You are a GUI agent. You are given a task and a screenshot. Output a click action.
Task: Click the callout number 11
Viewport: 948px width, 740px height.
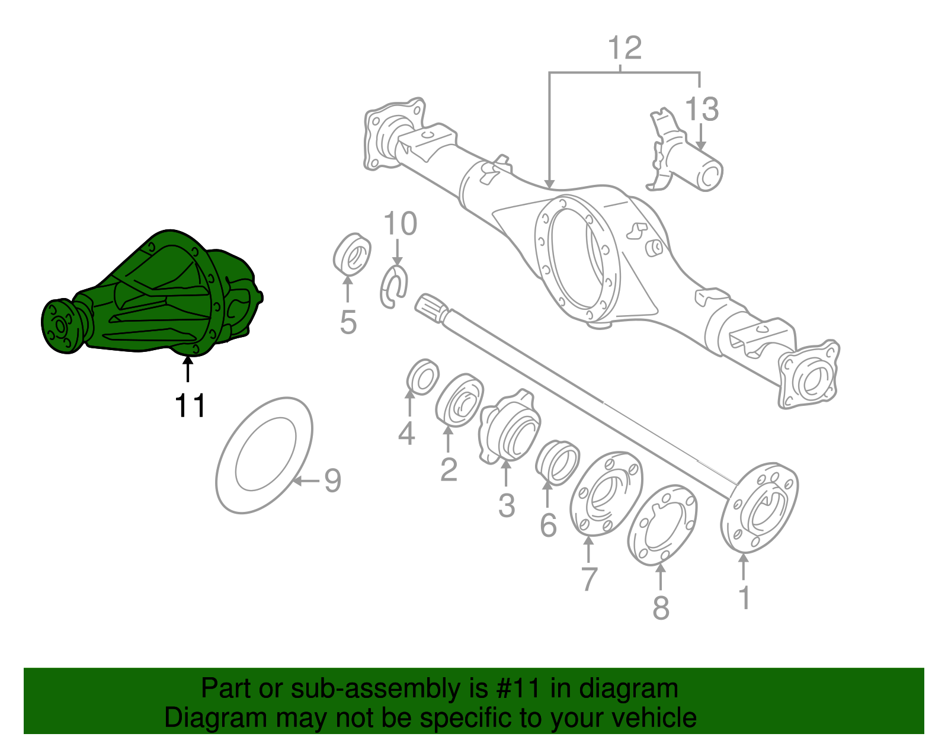190,406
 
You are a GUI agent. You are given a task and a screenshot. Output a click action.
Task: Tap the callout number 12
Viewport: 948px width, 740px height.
624,48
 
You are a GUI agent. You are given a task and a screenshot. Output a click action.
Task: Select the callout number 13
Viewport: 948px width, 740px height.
702,110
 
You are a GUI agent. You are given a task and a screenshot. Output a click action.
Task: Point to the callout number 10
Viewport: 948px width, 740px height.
400,224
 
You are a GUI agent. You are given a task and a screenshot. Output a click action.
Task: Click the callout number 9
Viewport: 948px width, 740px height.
332,480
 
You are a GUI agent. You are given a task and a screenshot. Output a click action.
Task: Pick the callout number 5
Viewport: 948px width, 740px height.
348,322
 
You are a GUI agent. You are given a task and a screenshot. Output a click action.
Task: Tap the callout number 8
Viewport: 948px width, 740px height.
661,607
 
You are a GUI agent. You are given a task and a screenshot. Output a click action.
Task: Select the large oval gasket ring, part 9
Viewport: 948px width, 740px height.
264,455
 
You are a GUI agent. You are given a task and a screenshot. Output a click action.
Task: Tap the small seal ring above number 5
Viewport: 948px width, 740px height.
351,255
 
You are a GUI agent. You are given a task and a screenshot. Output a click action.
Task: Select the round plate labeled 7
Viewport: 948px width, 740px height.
606,494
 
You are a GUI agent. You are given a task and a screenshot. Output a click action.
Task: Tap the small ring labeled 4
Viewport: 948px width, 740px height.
423,377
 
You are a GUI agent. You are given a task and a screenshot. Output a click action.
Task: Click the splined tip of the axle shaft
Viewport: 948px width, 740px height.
430,308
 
